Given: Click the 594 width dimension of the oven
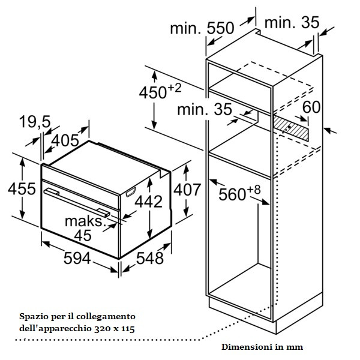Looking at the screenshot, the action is coord(77,258).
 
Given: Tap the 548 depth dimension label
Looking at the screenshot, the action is coord(149,258).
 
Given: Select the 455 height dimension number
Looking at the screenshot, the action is coord(22,189).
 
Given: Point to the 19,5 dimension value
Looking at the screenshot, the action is coord(35,121).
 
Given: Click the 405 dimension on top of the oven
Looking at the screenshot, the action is coord(65,140).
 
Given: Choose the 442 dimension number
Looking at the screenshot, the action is coord(149,202).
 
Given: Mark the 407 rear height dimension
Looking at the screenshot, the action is coord(187,190).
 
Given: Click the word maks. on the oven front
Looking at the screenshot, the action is coord(85,221).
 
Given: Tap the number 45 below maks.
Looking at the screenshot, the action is coord(83,235).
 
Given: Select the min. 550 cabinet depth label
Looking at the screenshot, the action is coord(202,28).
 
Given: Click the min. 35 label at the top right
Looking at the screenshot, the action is coord(292,22).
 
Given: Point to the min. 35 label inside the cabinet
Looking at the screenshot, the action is coord(205,109).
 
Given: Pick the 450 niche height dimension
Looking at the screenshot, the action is coord(160,91).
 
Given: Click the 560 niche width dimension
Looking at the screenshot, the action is coord(239,193).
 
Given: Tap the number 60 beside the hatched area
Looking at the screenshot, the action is coord(311,107).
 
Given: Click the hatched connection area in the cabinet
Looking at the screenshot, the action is coord(291,128).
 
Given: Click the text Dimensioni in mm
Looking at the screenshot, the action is coord(262,347).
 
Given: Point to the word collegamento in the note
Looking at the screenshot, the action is coord(106,316).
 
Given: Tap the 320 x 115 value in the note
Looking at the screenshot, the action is coord(115,329).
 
